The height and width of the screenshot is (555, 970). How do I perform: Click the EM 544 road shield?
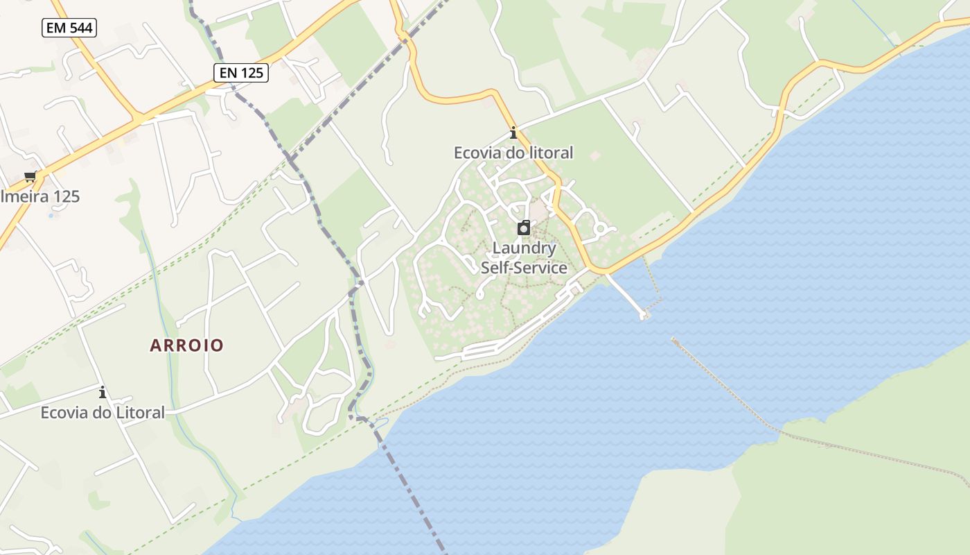(x=69, y=28)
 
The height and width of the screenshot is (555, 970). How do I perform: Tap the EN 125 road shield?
(x=240, y=72)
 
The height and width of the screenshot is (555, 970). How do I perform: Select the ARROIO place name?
(x=187, y=345)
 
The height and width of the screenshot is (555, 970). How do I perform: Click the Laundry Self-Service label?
(x=524, y=258)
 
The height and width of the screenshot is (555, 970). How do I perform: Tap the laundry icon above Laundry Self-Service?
(x=524, y=228)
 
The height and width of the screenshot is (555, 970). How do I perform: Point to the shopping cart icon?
(x=30, y=176)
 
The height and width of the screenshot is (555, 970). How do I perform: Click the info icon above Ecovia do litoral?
(x=513, y=133)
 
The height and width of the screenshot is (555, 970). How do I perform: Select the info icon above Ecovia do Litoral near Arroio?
(x=103, y=392)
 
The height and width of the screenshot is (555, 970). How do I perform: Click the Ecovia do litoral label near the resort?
(x=513, y=153)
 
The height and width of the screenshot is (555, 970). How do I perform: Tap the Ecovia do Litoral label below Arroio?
(x=103, y=413)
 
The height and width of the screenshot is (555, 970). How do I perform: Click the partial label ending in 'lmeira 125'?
(x=40, y=196)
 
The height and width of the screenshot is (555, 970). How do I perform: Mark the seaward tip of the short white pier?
(x=644, y=316)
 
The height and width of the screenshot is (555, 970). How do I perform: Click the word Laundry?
(x=524, y=248)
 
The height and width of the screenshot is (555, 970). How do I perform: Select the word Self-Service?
(x=524, y=268)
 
